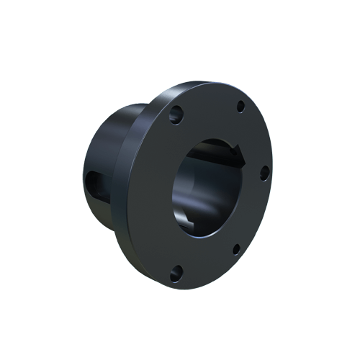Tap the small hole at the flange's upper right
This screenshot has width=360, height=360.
coord(239,109)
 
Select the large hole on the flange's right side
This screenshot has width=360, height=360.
coord(264,171)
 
